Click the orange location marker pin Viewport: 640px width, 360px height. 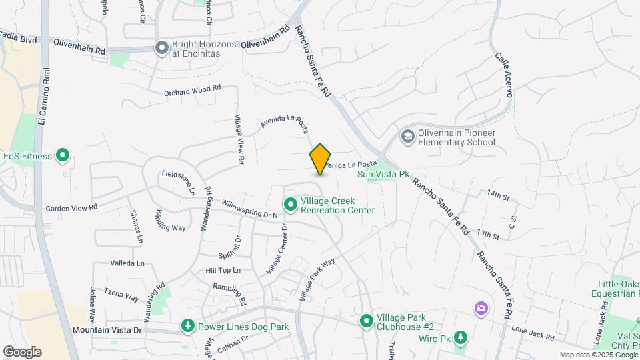click(321, 159)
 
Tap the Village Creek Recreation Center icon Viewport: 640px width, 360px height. click(290, 204)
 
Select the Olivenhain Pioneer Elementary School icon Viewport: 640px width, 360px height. click(407, 137)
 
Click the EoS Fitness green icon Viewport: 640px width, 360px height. click(63, 156)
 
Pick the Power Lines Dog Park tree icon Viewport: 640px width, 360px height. click(189, 326)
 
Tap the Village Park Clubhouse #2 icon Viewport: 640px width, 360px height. click(366, 321)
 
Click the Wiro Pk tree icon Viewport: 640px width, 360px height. click(460, 337)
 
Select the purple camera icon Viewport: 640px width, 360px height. click(481, 308)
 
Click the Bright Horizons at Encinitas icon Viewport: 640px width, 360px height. click(161, 48)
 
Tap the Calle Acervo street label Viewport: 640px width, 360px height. click(503, 75)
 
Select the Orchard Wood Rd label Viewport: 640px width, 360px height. click(192, 90)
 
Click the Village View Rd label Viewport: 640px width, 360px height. click(239, 139)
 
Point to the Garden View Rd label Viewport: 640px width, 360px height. click(71, 208)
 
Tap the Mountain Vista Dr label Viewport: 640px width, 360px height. click(107, 330)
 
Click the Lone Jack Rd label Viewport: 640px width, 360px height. click(533, 333)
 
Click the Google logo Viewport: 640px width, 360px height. click(22, 351)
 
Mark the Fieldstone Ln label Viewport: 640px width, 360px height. click(177, 182)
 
